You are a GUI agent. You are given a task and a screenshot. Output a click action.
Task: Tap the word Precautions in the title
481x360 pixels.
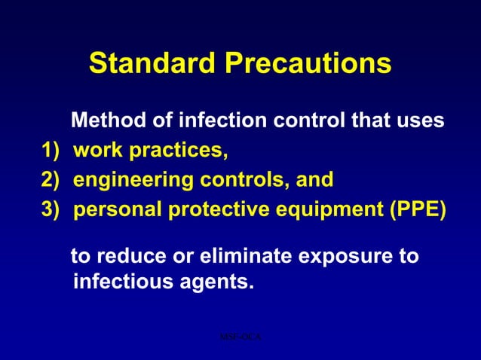click(308, 64)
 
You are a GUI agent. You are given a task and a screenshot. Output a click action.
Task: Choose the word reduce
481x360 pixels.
click(131, 256)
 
